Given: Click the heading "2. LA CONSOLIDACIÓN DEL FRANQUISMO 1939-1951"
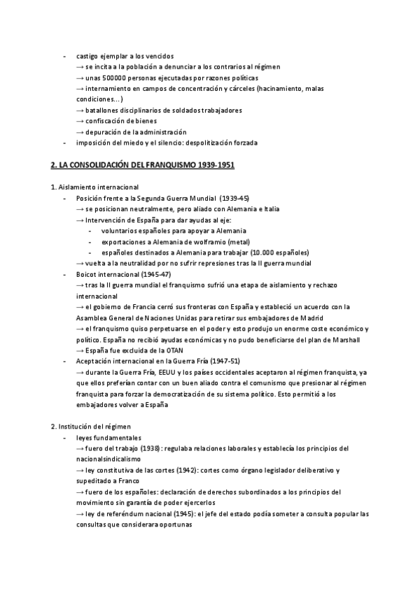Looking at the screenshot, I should pyautogui.click(x=143, y=166).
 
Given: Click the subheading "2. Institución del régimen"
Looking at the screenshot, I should pyautogui.click(x=91, y=426).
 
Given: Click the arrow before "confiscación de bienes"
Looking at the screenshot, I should pyautogui.click(x=80, y=121).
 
